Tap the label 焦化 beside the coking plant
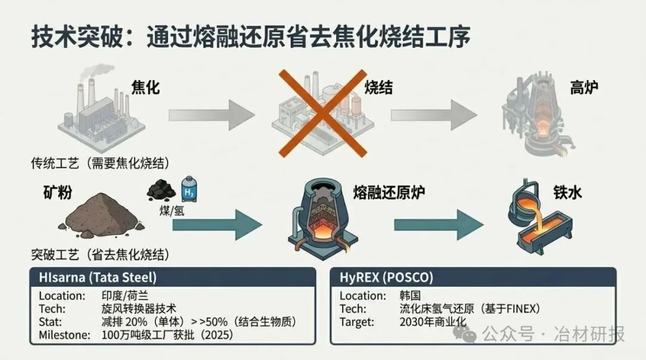[145, 87]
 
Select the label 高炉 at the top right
[584, 87]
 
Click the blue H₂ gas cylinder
[189, 191]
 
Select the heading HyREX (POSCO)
[386, 277]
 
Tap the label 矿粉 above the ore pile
[59, 193]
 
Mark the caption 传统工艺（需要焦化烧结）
[100, 163]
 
